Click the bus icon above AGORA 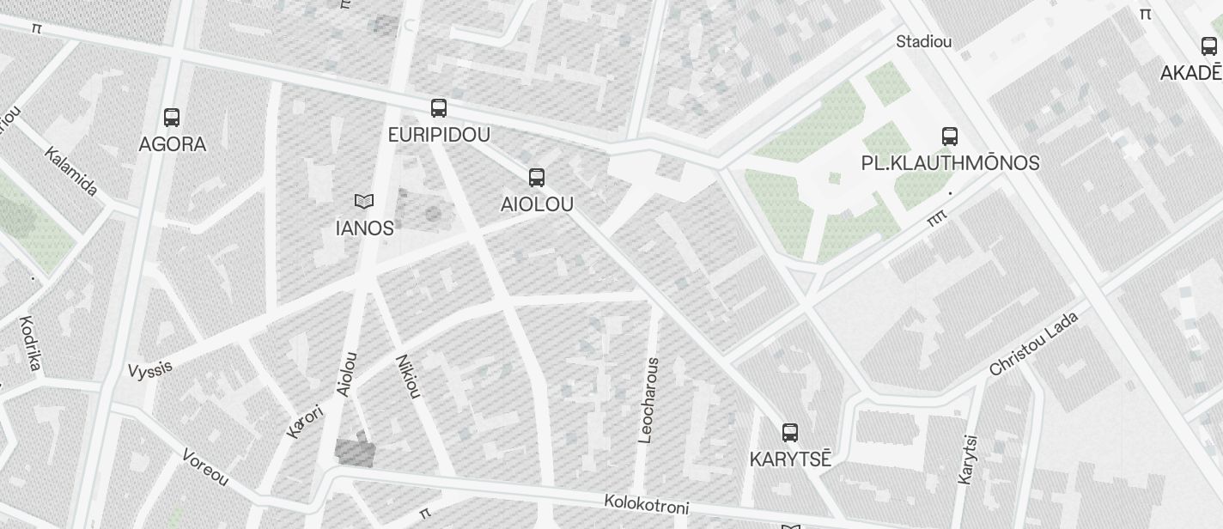coord(172,118)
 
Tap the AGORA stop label coord(173,144)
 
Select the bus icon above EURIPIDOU coord(439,108)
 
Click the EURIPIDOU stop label coord(439,135)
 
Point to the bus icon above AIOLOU coord(537,178)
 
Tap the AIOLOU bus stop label coord(537,204)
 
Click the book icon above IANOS coord(364,202)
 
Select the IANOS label coord(364,228)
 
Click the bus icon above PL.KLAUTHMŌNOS coord(950,136)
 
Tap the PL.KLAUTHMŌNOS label coord(950,163)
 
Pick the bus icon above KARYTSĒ coord(790,432)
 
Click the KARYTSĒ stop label coord(790,459)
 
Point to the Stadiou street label coord(923,41)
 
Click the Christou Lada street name coord(1033,344)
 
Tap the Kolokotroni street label coord(646,504)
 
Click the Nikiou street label coord(408,376)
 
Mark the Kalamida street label coord(71,172)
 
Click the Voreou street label coord(205,466)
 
